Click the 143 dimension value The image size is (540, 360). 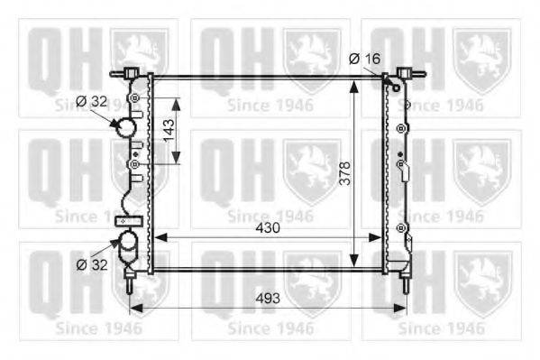(169, 130)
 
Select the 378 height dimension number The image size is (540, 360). (344, 173)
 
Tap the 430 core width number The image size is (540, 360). (268, 228)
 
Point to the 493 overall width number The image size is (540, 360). (268, 299)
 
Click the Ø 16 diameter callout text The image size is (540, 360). (365, 59)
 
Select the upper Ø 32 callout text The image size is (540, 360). (92, 101)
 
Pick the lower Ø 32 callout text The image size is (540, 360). (92, 264)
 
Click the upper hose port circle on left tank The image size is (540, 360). (125, 127)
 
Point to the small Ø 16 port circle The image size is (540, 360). (397, 88)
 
